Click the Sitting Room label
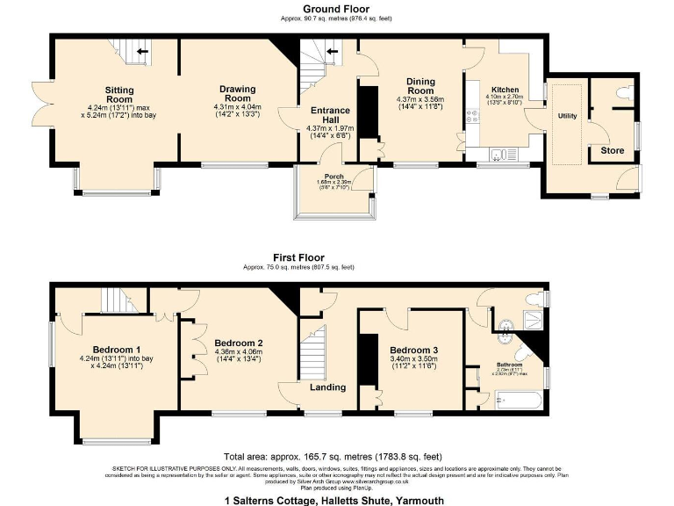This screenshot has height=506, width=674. [x=119, y=95]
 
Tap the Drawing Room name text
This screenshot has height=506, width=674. [x=237, y=94]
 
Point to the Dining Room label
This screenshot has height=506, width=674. [x=420, y=86]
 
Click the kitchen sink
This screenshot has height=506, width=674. [x=498, y=155]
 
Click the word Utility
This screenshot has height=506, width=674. [x=568, y=116]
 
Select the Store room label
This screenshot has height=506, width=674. [x=613, y=151]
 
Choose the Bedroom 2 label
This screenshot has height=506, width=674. [x=237, y=343]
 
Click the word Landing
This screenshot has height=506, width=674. [x=327, y=387]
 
